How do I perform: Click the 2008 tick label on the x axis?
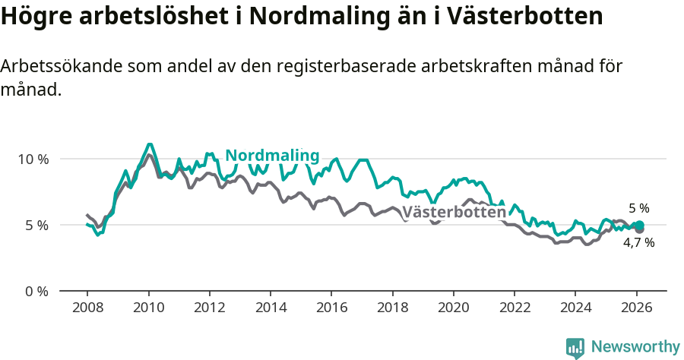(x=87, y=308)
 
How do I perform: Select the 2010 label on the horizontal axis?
(x=148, y=308)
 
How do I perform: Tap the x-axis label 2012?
(x=209, y=308)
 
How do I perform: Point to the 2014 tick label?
(x=270, y=308)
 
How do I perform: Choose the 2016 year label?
(x=331, y=308)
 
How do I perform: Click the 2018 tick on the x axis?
(x=392, y=308)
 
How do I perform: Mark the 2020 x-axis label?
(x=453, y=308)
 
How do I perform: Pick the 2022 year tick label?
(x=514, y=308)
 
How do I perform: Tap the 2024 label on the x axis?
(x=575, y=308)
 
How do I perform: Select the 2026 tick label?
(x=635, y=308)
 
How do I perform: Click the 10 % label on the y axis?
(x=33, y=159)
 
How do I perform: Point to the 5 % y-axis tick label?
(x=36, y=226)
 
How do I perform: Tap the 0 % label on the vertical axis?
(x=36, y=292)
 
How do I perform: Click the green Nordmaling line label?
(x=272, y=156)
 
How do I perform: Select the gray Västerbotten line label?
(x=454, y=213)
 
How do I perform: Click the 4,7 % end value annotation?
(x=638, y=243)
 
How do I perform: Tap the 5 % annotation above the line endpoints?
(x=638, y=208)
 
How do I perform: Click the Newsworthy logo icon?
(x=575, y=348)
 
